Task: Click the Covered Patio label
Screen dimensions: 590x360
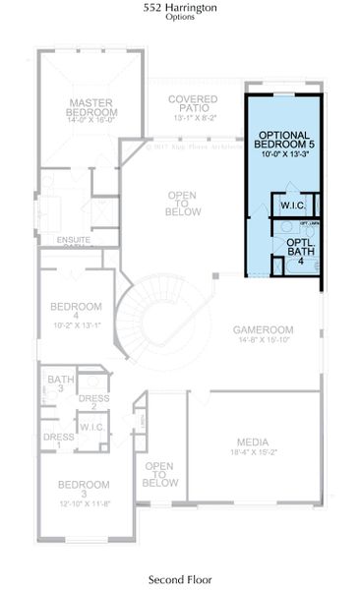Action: click(193, 104)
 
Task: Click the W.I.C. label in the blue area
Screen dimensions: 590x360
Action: click(291, 206)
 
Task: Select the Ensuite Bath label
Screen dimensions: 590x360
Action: click(73, 241)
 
